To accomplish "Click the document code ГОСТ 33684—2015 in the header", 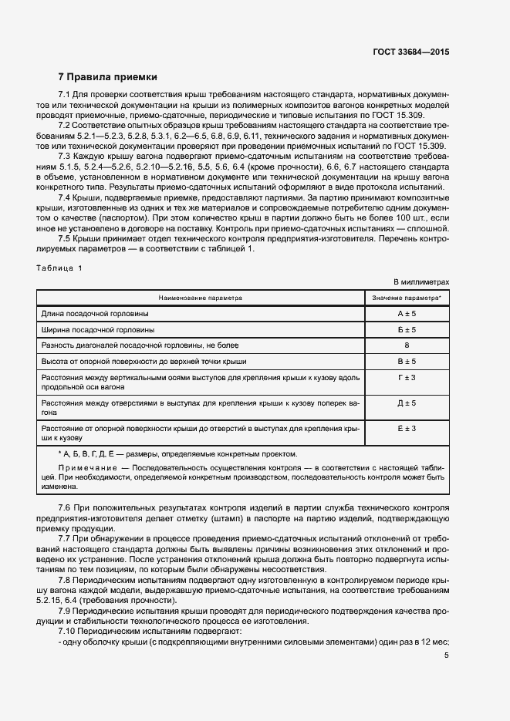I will pyautogui.click(x=410, y=52).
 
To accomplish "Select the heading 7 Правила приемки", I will pyautogui.click(x=108, y=77).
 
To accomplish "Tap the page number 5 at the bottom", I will pyautogui.click(x=447, y=655).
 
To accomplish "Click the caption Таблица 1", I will pyautogui.click(x=63, y=268).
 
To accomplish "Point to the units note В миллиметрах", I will pyautogui.click(x=421, y=282).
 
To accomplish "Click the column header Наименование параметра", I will pyautogui.click(x=201, y=297).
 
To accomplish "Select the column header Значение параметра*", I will pyautogui.click(x=407, y=297).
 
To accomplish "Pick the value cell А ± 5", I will pyautogui.click(x=407, y=314).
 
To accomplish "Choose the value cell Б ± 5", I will pyautogui.click(x=407, y=329).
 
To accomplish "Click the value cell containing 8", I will pyautogui.click(x=407, y=345).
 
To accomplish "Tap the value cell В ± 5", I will pyautogui.click(x=407, y=361).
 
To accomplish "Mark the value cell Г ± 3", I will pyautogui.click(x=407, y=377).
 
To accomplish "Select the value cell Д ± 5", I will pyautogui.click(x=407, y=403).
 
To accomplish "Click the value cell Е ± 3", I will pyautogui.click(x=407, y=428).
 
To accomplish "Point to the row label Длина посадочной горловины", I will pyautogui.click(x=96, y=314).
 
